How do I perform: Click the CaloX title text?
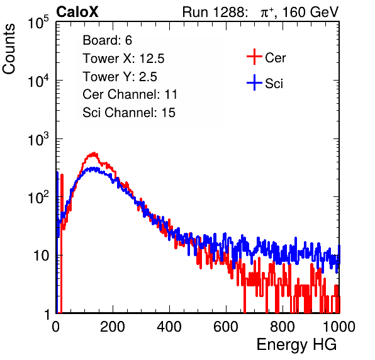click(77, 12)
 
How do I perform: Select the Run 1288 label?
click(215, 12)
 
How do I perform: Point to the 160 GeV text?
click(310, 12)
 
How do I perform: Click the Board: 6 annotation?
click(107, 40)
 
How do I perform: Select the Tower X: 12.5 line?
click(123, 59)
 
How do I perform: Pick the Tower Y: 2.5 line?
click(120, 77)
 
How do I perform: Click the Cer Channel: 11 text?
click(130, 94)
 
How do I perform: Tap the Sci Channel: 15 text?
click(129, 113)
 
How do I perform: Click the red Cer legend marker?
click(254, 57)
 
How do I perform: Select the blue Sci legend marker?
click(254, 83)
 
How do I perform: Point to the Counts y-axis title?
click(9, 49)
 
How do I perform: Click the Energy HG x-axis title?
click(296, 345)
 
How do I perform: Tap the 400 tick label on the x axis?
click(169, 327)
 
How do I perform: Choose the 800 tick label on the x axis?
click(283, 327)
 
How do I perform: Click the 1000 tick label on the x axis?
click(339, 327)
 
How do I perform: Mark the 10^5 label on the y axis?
click(38, 23)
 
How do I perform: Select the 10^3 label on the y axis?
click(38, 139)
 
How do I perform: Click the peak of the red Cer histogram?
click(94, 152)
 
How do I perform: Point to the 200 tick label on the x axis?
click(113, 327)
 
